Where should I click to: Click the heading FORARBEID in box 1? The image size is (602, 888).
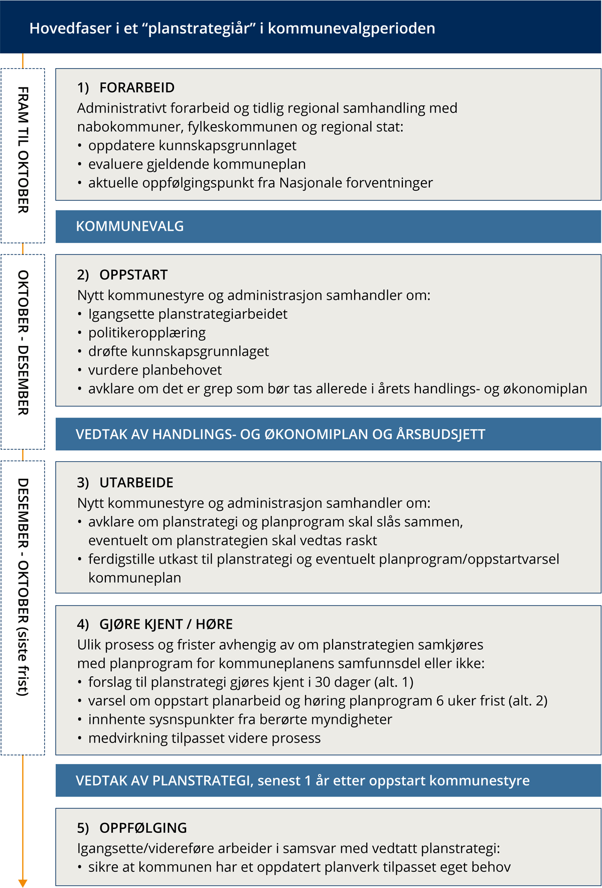tap(136, 87)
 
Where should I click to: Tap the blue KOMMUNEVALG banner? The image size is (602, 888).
tap(129, 226)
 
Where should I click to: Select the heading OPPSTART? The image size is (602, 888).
tap(133, 275)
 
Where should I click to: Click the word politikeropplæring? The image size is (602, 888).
tap(147, 333)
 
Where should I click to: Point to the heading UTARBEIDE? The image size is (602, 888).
tap(136, 482)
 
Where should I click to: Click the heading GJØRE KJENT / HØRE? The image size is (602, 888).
tap(166, 624)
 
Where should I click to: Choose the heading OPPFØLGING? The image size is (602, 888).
tap(142, 828)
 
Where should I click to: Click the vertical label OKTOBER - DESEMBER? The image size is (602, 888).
tap(23, 342)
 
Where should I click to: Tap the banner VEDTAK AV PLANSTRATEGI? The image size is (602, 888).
tap(303, 781)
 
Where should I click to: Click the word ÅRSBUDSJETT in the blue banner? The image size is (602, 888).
tap(440, 434)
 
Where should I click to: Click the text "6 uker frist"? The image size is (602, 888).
tap(470, 701)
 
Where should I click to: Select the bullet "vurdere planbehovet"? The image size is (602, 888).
tap(155, 370)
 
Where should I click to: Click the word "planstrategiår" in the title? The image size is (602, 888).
tap(199, 28)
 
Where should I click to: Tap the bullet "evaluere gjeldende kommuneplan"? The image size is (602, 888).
tap(197, 164)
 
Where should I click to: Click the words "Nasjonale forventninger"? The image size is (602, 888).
tap(356, 183)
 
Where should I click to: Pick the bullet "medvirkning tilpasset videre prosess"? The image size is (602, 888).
tap(204, 738)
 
